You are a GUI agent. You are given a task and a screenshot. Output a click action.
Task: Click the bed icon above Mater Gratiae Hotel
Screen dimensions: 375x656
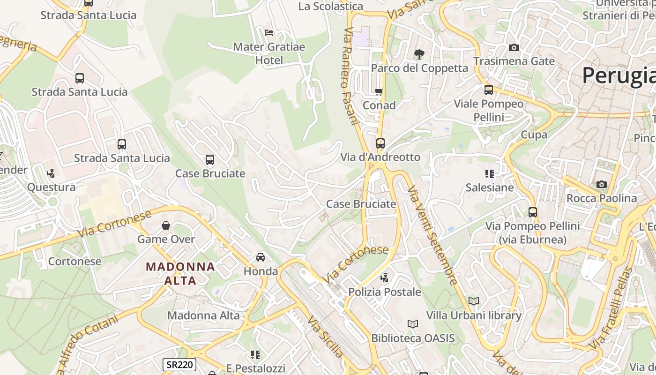269,32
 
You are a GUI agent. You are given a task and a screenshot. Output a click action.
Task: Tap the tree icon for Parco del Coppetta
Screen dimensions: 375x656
419,54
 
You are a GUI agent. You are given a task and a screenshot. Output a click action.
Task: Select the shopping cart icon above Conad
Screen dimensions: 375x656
379,91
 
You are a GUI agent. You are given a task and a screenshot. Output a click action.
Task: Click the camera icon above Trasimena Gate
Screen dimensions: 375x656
514,47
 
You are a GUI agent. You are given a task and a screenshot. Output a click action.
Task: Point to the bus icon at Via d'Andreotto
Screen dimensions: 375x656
380,143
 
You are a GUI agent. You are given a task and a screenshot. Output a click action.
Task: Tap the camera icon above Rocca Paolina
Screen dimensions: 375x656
602,184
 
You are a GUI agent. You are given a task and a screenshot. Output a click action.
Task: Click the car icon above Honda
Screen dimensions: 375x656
261,257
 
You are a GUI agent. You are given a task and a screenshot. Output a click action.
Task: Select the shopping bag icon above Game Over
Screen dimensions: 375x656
166,225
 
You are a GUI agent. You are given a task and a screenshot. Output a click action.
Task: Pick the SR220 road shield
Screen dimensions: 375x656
179,365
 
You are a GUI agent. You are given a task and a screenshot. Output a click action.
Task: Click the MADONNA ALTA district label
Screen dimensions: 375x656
180,273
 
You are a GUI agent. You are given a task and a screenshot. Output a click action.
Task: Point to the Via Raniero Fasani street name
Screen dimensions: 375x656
351,75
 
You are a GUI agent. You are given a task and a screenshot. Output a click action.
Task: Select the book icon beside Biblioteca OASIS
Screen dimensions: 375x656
412,324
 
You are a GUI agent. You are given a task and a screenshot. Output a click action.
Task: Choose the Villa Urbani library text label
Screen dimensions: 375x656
474,315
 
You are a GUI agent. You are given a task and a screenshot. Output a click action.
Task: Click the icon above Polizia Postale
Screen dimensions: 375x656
385,278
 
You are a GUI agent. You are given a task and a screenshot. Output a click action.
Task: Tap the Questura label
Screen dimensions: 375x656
52,187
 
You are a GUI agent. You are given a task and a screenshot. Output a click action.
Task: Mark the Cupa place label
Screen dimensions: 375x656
534,135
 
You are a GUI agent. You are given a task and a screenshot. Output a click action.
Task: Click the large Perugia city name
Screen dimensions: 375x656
619,75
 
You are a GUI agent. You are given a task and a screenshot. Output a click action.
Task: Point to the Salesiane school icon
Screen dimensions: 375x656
490,174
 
